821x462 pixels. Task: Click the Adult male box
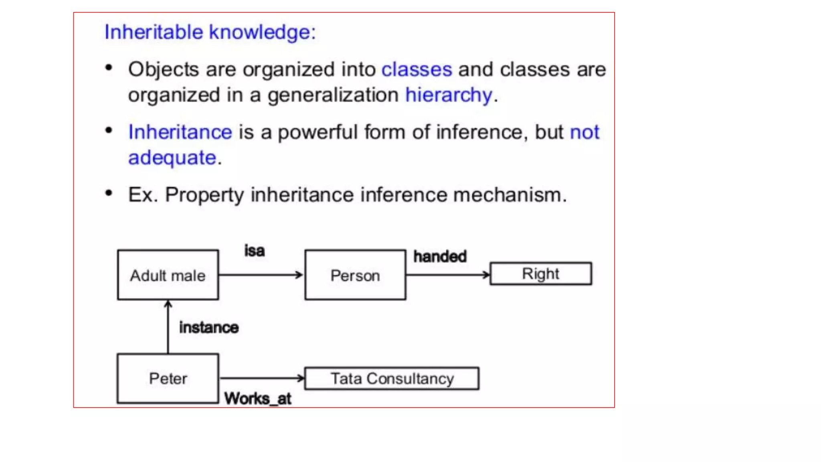click(168, 275)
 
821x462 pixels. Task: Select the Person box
click(355, 275)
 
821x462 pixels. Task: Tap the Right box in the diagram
click(540, 274)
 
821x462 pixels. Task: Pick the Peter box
click(168, 379)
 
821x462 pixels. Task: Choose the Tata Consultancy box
click(392, 379)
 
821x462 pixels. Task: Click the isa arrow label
click(255, 251)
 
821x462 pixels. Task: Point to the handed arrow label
click(440, 257)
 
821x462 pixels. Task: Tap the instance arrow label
click(209, 328)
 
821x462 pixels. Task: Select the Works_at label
click(258, 399)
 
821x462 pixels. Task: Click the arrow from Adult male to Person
click(261, 275)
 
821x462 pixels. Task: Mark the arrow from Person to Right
click(447, 275)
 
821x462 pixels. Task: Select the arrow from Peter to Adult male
click(168, 327)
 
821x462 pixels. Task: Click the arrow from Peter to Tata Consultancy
click(261, 378)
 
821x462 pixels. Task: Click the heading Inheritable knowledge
click(210, 32)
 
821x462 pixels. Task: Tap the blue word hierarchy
click(448, 95)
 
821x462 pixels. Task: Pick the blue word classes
click(417, 70)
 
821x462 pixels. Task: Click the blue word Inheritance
click(180, 132)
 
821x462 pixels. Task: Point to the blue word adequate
click(172, 158)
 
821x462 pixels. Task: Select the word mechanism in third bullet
click(510, 195)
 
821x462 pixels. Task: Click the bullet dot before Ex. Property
click(109, 194)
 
